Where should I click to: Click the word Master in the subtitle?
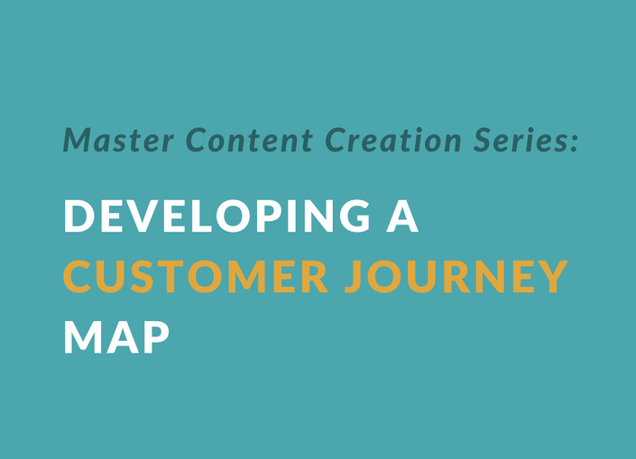(x=119, y=141)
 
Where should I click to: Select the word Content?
(x=249, y=140)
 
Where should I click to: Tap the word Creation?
(x=393, y=140)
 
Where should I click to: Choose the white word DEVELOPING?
(x=217, y=216)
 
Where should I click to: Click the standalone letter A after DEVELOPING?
(x=402, y=216)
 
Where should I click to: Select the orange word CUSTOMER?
(x=196, y=277)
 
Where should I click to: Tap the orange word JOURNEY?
(x=456, y=277)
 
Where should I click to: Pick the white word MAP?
(x=116, y=337)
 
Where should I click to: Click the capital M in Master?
(x=81, y=141)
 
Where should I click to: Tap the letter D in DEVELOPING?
(x=79, y=216)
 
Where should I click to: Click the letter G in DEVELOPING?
(x=355, y=216)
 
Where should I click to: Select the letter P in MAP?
(x=155, y=337)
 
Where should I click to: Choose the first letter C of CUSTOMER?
(x=78, y=277)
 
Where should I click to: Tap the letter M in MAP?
(x=83, y=337)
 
